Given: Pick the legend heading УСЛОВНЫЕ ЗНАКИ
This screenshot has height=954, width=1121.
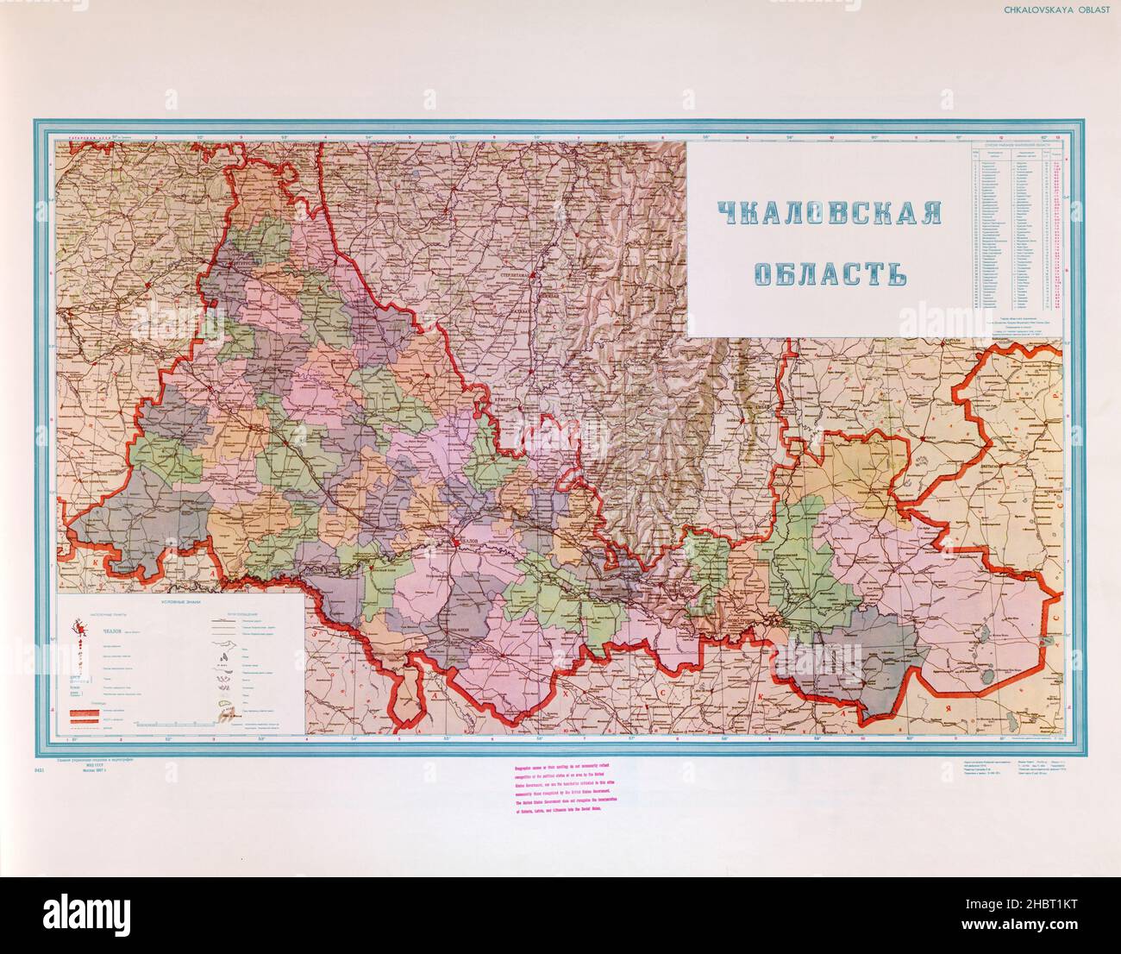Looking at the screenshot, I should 178,602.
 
